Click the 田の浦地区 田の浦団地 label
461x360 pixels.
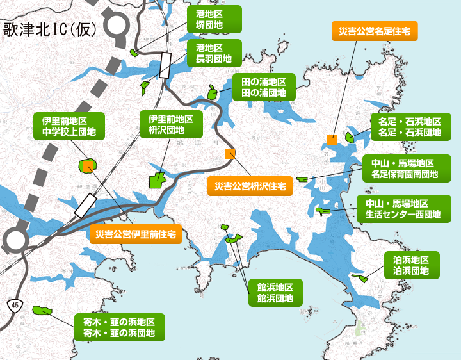(259, 87)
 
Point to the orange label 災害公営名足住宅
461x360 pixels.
(375, 30)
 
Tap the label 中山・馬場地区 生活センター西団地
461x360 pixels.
(404, 209)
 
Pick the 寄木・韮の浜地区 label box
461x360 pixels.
(119, 327)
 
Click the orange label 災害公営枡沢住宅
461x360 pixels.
(250, 186)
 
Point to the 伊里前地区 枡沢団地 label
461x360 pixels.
(171, 124)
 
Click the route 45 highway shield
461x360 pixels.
(13, 306)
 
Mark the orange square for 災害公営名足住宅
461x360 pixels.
(332, 139)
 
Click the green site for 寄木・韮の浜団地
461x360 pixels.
(43, 310)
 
